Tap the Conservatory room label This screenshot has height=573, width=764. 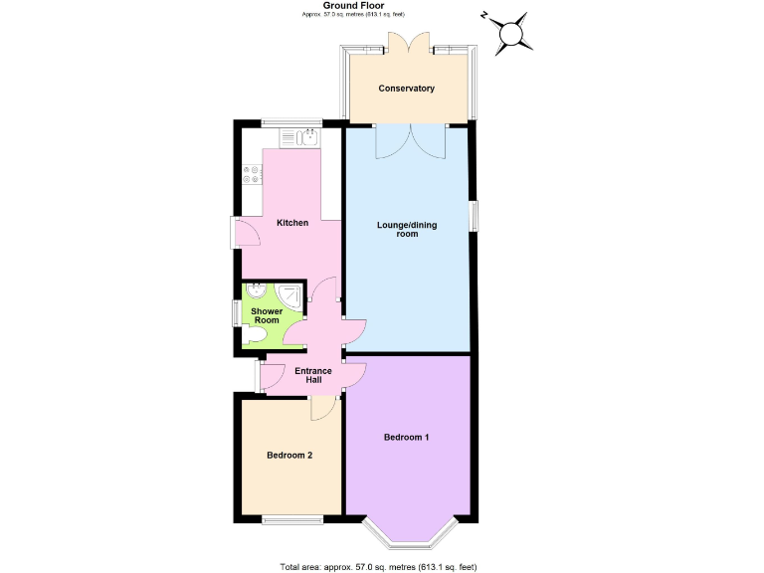406,89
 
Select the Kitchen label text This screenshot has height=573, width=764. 292,223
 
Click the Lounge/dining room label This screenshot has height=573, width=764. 406,229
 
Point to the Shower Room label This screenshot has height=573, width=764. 267,315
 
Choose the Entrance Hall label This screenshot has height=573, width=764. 313,375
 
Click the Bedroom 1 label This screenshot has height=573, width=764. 406,438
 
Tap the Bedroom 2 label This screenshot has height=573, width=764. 289,456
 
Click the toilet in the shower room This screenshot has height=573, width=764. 255,338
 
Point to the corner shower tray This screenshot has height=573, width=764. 290,295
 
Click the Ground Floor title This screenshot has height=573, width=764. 381,6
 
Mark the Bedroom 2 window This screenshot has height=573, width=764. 292,518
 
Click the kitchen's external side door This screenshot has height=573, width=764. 239,232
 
